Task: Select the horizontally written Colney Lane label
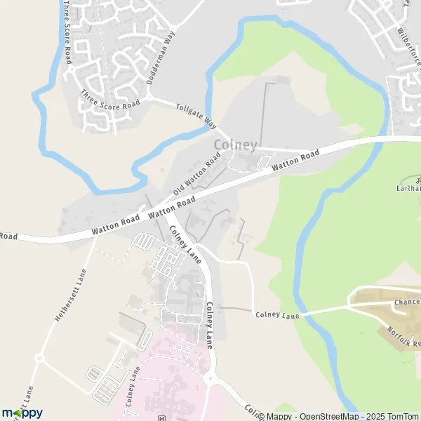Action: pyautogui.click(x=277, y=316)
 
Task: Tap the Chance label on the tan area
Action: pyautogui.click(x=406, y=302)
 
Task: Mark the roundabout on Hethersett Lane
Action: pyautogui.click(x=40, y=357)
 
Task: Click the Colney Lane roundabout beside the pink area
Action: pyautogui.click(x=208, y=380)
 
